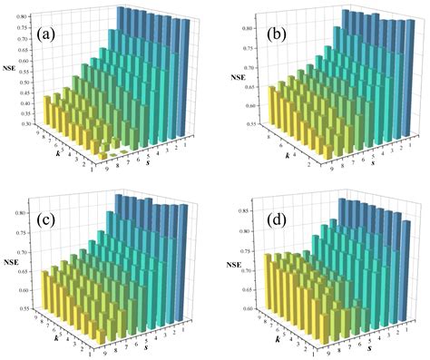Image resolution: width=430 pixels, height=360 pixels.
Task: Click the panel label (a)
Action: pos(56,35)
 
